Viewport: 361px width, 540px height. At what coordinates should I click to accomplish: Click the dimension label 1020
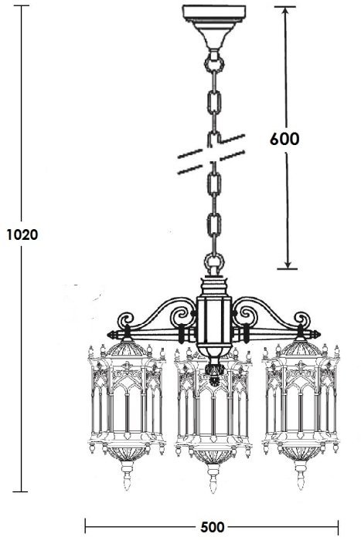(22, 235)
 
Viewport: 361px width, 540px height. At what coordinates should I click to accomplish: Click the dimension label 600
(284, 139)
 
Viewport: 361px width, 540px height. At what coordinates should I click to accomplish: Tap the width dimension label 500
(213, 527)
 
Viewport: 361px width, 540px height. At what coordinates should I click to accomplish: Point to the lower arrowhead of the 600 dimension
(287, 264)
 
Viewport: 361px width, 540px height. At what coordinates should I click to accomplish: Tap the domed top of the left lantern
(127, 348)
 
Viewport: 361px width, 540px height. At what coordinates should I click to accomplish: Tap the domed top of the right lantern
(301, 348)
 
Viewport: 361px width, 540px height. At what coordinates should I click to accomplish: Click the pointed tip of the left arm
(107, 334)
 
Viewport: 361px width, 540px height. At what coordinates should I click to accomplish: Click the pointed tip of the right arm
(320, 334)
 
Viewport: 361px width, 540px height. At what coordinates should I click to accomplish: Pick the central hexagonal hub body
(214, 320)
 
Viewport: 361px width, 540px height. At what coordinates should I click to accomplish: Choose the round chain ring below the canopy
(214, 63)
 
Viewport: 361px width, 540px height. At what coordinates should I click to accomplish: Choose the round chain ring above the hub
(214, 262)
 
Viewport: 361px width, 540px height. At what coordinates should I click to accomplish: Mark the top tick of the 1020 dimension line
(22, 5)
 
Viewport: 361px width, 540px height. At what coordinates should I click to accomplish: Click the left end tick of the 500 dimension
(85, 527)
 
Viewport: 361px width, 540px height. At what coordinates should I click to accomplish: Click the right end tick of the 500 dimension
(339, 527)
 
